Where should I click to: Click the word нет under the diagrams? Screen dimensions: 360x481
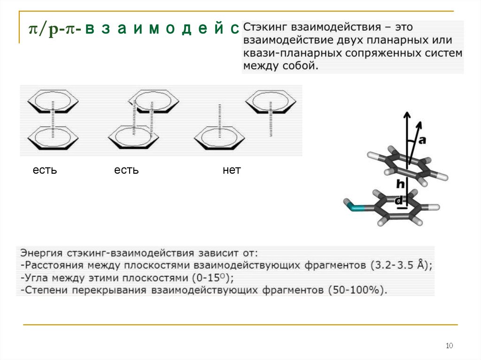click(x=232, y=170)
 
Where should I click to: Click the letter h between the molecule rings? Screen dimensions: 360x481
click(x=400, y=184)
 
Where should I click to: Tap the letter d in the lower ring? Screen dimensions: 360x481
click(x=399, y=201)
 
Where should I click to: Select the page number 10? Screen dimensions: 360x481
click(x=449, y=346)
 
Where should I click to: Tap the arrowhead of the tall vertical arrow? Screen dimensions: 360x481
click(x=407, y=114)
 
